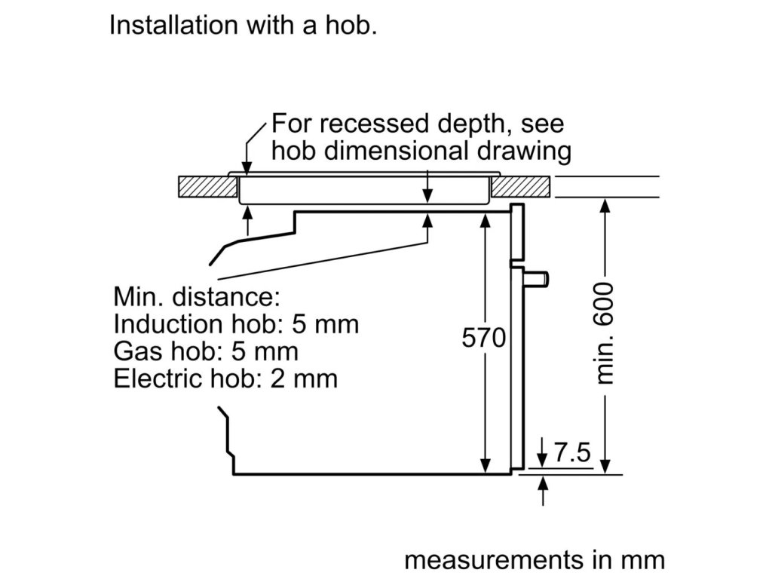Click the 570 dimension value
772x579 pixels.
coord(483,339)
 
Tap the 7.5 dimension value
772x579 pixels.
coord(571,453)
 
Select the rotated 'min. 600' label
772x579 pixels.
coord(605,333)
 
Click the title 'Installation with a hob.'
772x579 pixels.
coord(243,25)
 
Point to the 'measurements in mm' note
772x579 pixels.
coord(535,560)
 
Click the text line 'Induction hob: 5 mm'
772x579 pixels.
coord(236,325)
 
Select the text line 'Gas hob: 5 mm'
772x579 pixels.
coord(206,351)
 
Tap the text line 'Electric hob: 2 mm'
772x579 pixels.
coord(225,378)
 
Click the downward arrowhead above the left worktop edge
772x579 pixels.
coord(247,168)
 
